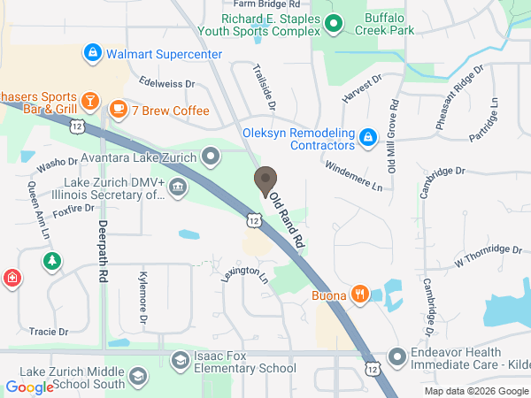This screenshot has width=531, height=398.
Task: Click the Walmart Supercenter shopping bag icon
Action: pyautogui.click(x=91, y=54)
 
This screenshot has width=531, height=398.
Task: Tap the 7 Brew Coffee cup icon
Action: pyautogui.click(x=118, y=110)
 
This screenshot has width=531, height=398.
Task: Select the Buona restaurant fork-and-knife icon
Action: pyautogui.click(x=359, y=295)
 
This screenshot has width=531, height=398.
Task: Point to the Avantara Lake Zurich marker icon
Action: pyautogui.click(x=211, y=158)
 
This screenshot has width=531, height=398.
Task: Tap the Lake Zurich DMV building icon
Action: pyautogui.click(x=177, y=188)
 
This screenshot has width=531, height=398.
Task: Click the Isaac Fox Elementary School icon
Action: pyautogui.click(x=179, y=361)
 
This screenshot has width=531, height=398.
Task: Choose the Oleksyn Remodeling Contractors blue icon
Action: pyautogui.click(x=368, y=138)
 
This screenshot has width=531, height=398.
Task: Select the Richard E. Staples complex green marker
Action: pyautogui.click(x=333, y=24)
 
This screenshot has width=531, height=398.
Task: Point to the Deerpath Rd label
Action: pyautogui.click(x=104, y=251)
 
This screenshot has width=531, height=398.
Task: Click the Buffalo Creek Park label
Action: pyautogui.click(x=390, y=22)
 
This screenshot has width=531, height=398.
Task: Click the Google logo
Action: pyautogui.click(x=30, y=387)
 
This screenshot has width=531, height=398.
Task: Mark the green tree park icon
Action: pyautogui.click(x=53, y=261)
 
